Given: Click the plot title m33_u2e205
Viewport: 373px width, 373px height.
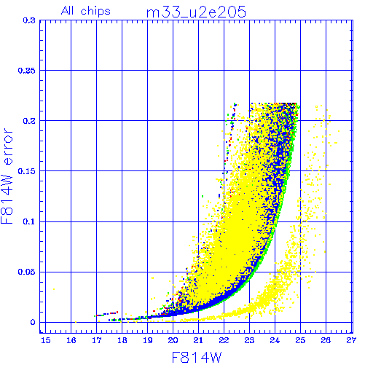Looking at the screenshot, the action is [196, 12].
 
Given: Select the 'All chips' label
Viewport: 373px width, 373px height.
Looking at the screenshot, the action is [86, 11].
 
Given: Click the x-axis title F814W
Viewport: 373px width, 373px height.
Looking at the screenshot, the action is [197, 358].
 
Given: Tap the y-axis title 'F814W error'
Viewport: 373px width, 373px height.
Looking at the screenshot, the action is [7, 176].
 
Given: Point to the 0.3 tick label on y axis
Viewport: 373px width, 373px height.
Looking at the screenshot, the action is [29, 20].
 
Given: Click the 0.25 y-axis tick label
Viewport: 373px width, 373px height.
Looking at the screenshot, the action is [27, 71].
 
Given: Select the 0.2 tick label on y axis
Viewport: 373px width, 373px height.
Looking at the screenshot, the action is [29, 121].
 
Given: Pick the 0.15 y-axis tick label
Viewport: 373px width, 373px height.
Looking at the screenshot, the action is [27, 171].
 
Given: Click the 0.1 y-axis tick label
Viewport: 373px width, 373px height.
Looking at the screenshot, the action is [29, 221].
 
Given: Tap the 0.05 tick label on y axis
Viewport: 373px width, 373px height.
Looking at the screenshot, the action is [27, 272].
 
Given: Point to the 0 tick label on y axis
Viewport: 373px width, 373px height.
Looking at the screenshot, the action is [33, 323].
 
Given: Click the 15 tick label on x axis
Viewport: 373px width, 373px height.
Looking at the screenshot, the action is [46, 340].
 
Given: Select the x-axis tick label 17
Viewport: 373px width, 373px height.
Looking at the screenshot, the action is [97, 340].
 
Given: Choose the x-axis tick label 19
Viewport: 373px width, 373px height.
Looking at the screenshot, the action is [148, 340].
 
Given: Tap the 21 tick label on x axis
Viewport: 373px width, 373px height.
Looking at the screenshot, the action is [198, 340].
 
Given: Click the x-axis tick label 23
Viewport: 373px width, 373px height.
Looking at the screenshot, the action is [249, 340].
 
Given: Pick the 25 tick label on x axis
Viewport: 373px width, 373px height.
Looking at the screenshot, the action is [300, 340].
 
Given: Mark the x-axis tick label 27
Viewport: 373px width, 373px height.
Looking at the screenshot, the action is [351, 340].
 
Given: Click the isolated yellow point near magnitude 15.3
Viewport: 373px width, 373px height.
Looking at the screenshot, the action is [54, 289].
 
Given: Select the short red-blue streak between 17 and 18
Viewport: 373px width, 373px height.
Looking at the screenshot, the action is [106, 314].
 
